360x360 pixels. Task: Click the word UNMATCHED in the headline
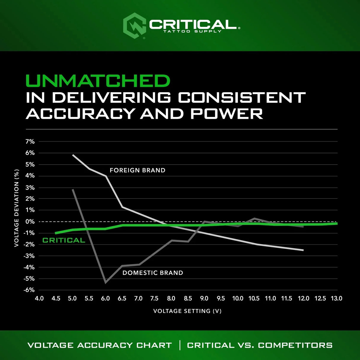click(98, 81)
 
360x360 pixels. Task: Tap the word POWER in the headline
click(227, 114)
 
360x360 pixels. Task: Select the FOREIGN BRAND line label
click(137, 170)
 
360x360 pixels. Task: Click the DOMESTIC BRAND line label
click(153, 273)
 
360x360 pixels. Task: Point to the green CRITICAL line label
click(64, 240)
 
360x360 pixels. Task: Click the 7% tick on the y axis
click(30, 142)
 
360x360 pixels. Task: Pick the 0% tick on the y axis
click(30, 222)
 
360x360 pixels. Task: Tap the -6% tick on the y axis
click(29, 290)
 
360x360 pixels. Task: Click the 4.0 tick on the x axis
click(39, 298)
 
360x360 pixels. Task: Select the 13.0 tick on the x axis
click(337, 298)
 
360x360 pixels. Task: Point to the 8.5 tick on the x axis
click(188, 298)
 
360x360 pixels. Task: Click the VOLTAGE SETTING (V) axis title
click(187, 311)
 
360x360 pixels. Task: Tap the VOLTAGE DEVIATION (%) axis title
click(17, 208)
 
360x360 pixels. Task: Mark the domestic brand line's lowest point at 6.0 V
click(106, 282)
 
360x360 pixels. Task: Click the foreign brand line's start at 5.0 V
click(73, 155)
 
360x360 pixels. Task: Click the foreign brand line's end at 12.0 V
click(303, 250)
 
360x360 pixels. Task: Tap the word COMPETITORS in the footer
click(295, 345)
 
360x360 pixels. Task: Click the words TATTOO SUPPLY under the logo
click(192, 31)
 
